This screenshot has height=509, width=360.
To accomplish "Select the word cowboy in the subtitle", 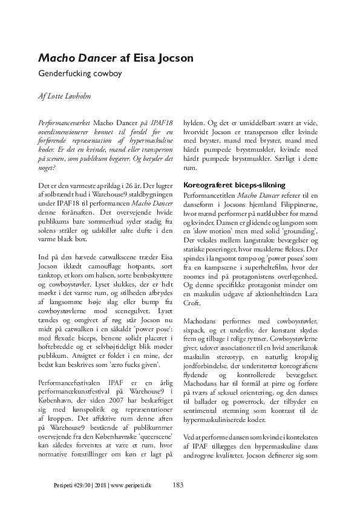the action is (106, 75).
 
